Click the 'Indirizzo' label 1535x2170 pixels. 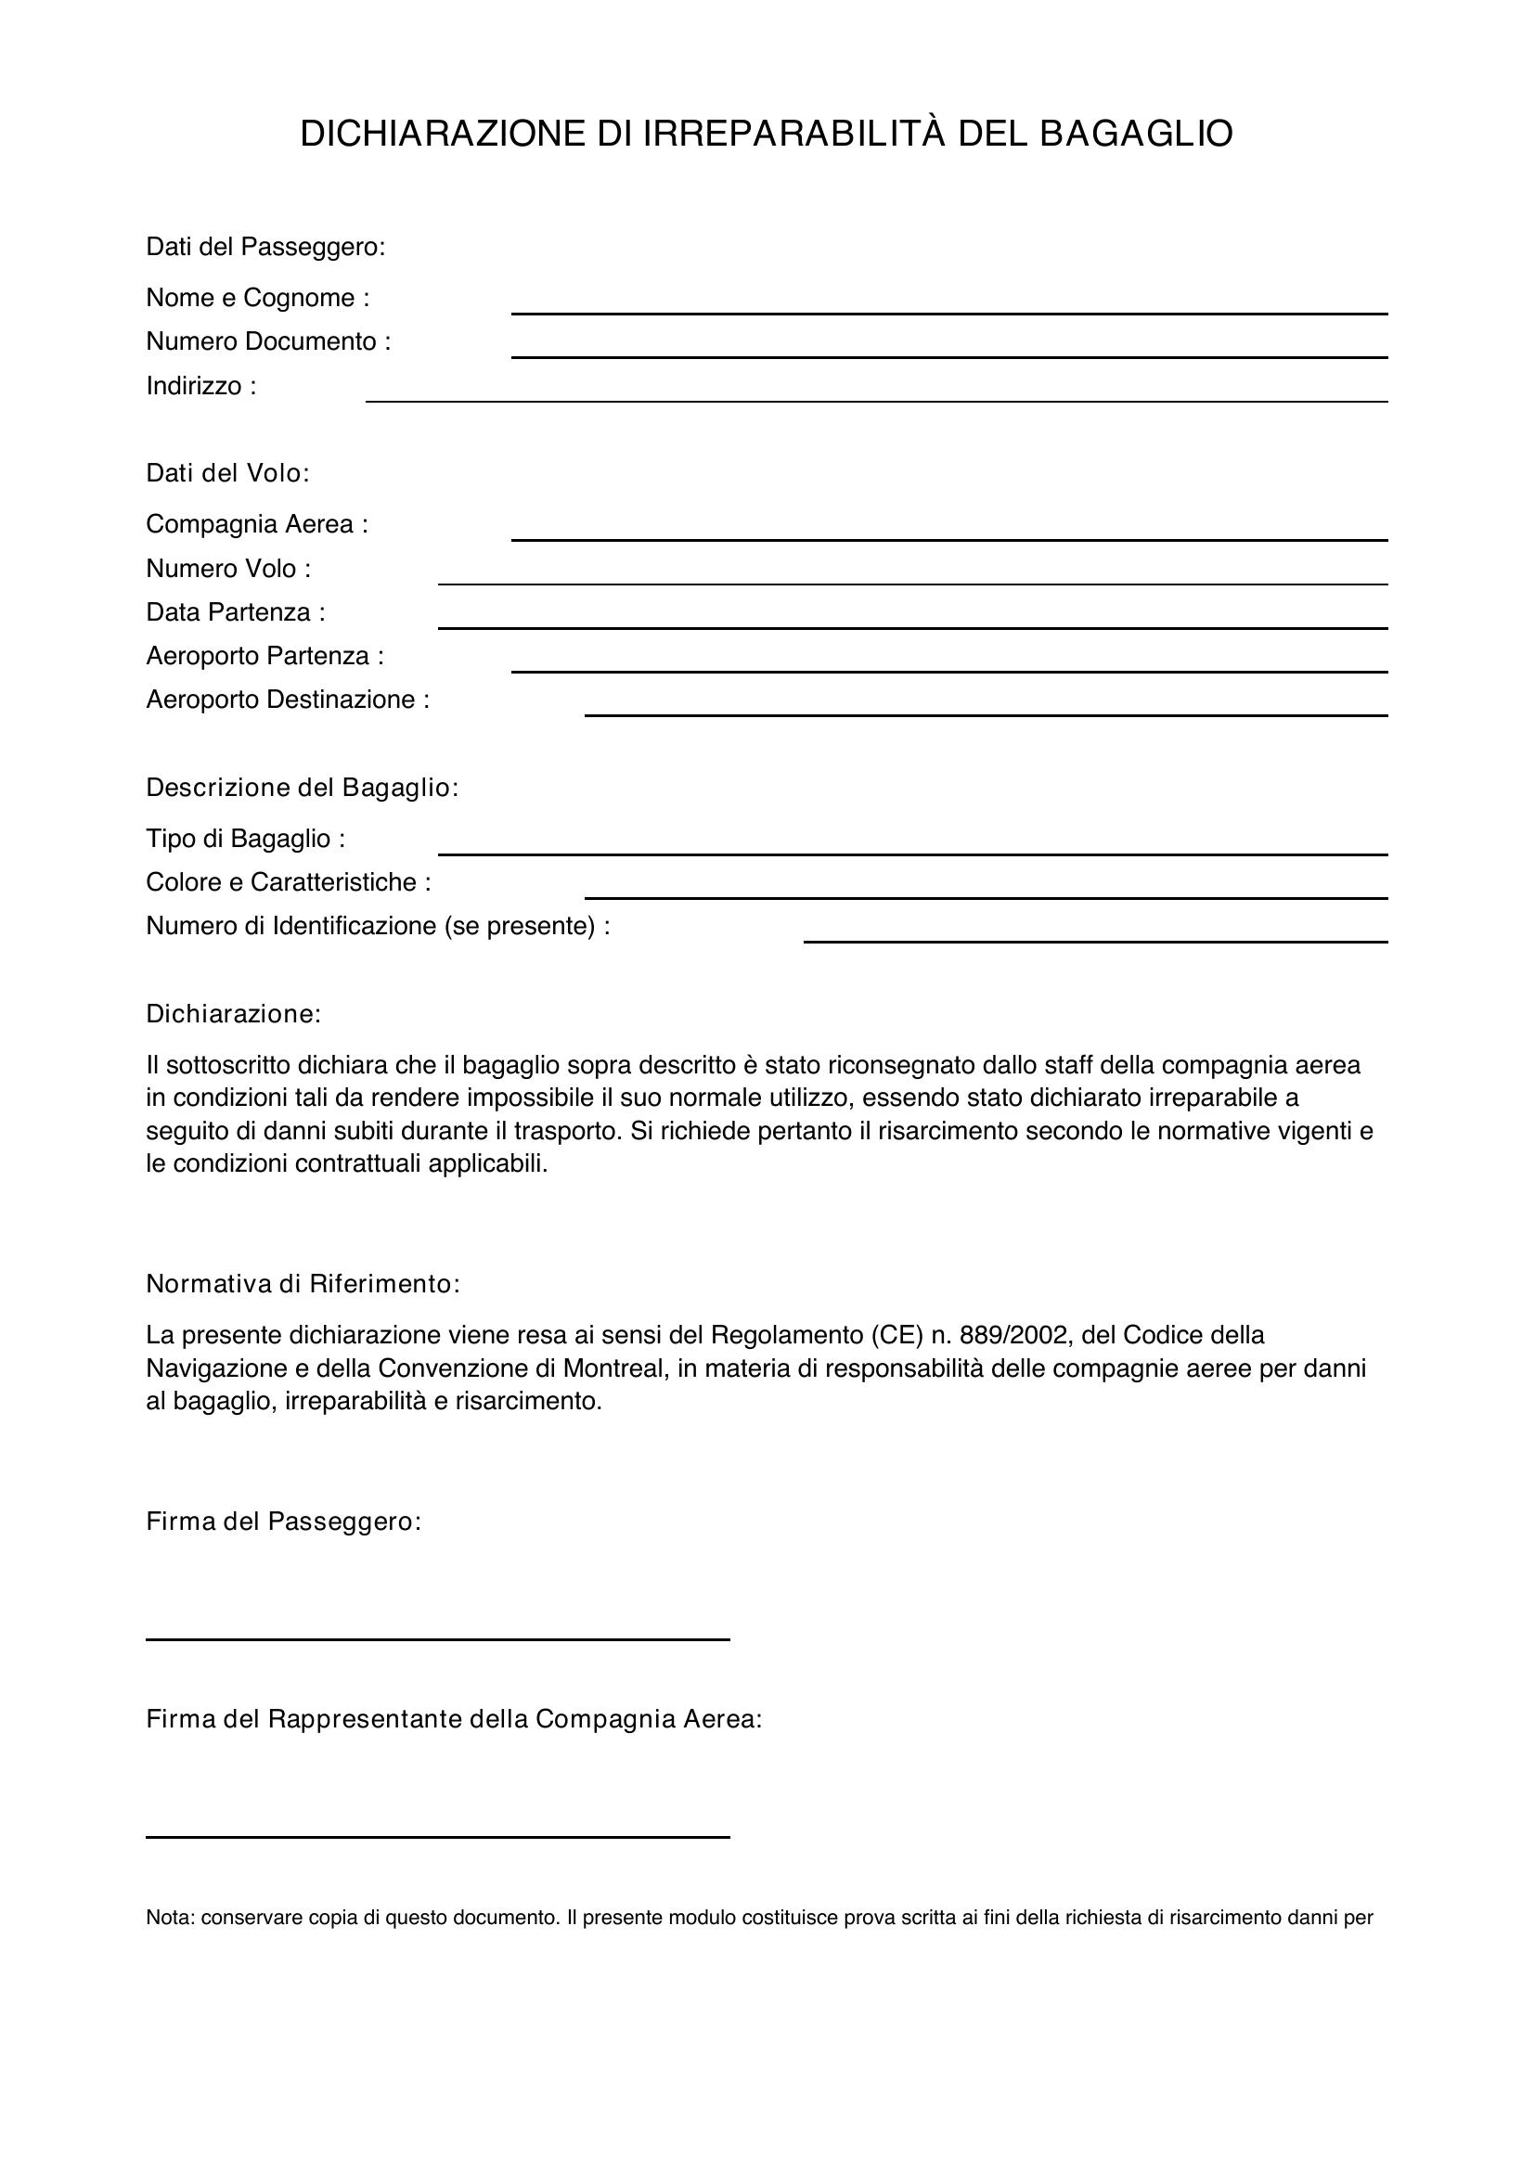[x=200, y=386]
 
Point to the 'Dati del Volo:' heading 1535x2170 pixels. [x=227, y=472]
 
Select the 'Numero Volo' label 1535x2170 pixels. [x=227, y=568]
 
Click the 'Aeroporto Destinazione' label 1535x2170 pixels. [x=288, y=700]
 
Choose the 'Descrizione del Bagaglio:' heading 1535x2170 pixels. [x=302, y=788]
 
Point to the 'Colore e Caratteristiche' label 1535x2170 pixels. [x=289, y=881]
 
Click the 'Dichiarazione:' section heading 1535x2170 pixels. [x=234, y=1014]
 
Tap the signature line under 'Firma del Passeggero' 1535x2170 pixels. [x=438, y=1637]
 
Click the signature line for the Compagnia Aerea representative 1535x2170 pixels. [x=438, y=1835]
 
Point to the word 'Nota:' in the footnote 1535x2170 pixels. [x=170, y=1918]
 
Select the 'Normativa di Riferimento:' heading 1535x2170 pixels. [x=303, y=1283]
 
